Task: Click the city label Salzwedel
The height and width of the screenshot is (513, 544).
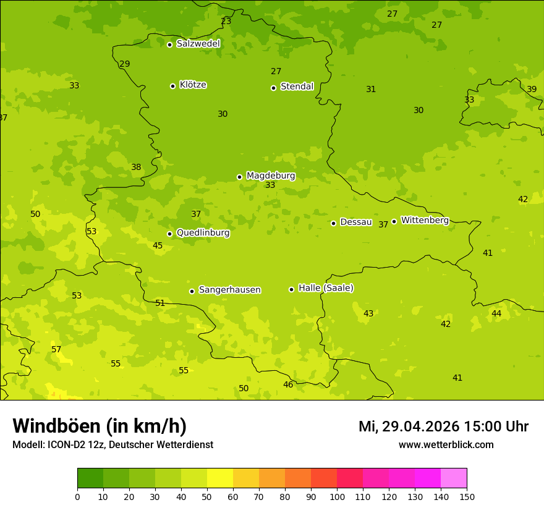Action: click(198, 44)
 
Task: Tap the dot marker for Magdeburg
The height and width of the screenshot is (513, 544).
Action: click(239, 177)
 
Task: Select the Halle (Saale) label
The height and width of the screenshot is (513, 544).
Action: click(326, 288)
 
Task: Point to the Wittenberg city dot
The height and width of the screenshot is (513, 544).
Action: click(394, 221)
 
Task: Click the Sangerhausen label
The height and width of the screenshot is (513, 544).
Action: click(229, 290)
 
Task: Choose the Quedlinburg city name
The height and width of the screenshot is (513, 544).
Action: click(203, 233)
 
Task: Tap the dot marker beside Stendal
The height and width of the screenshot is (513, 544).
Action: click(273, 88)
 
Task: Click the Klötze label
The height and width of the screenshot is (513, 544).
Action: click(193, 85)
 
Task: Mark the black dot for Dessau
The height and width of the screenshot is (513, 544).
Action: click(333, 223)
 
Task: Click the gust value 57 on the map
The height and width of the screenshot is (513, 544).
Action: click(56, 350)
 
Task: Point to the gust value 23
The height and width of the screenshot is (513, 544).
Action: click(226, 22)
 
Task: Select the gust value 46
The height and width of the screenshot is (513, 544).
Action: click(288, 385)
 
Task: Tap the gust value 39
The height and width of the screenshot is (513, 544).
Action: click(532, 90)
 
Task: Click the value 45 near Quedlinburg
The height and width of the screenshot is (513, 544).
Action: click(158, 246)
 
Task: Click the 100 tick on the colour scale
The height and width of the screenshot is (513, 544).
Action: click(337, 496)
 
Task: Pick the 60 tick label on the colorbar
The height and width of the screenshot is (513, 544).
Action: click(233, 496)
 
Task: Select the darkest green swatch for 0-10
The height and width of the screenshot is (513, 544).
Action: click(90, 478)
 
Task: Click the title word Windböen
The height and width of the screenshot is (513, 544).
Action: click(56, 426)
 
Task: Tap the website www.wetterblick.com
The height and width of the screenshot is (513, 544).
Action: click(446, 445)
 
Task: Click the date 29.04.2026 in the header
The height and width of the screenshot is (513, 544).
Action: click(420, 426)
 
